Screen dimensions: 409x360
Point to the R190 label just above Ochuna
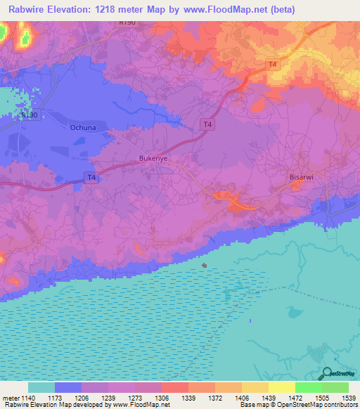click(x=28, y=114)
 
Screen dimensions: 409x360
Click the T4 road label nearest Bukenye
click(x=91, y=178)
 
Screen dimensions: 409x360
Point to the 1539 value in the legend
click(x=348, y=398)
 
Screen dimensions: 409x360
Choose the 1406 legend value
click(x=241, y=398)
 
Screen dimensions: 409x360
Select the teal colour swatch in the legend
click(x=41, y=387)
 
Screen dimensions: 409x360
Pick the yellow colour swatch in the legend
click(x=281, y=387)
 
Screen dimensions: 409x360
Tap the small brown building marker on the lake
click(x=205, y=266)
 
